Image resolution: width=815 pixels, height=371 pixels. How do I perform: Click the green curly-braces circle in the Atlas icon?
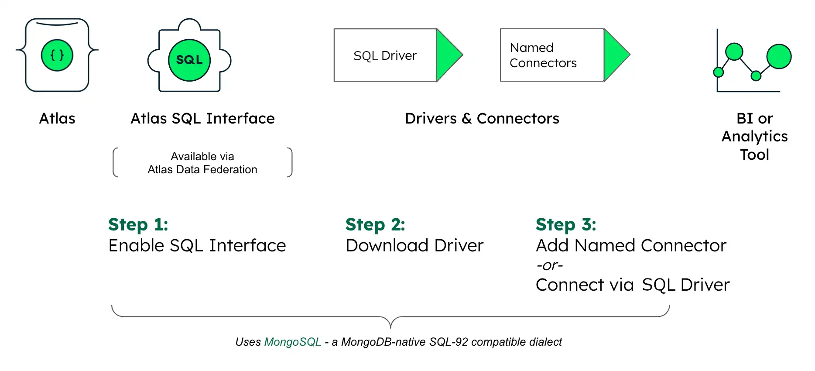click(x=57, y=55)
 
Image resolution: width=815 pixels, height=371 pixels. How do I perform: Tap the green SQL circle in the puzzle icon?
click(x=189, y=60)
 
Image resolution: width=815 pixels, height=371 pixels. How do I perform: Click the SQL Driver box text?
click(x=385, y=55)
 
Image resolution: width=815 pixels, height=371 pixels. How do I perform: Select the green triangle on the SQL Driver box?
click(x=447, y=55)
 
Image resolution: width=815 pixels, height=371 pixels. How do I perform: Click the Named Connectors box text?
click(x=543, y=55)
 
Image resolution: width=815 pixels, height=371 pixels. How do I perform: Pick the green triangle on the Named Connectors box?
click(x=615, y=55)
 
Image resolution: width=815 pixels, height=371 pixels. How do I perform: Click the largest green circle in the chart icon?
click(x=779, y=56)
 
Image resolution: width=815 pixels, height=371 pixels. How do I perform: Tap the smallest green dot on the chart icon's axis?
click(x=718, y=72)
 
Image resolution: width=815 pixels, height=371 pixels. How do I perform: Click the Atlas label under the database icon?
click(x=57, y=118)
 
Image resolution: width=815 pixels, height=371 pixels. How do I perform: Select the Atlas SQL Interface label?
click(x=202, y=118)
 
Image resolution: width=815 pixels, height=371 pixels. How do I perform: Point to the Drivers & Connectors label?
click(x=482, y=118)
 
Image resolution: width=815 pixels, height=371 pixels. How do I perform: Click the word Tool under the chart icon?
click(x=754, y=155)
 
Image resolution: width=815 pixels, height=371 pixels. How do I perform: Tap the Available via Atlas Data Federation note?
click(x=202, y=163)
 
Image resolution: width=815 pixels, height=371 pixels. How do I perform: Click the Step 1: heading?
click(x=138, y=224)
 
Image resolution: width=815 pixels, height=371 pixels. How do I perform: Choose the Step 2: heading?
click(x=375, y=224)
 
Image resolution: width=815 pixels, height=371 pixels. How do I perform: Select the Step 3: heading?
click(x=565, y=224)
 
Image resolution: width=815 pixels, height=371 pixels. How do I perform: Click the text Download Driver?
click(x=414, y=245)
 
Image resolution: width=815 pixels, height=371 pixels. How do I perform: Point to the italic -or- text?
click(x=549, y=265)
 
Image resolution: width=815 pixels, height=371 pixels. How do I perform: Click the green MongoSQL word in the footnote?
click(x=292, y=342)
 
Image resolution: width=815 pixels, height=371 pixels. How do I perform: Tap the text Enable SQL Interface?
click(x=197, y=245)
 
